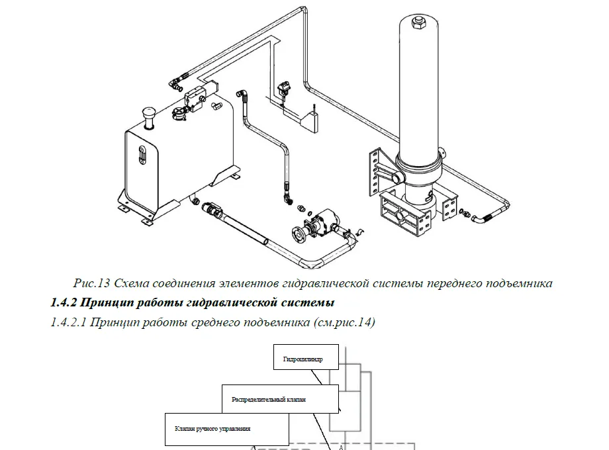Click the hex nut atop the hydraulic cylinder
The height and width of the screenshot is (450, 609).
418,24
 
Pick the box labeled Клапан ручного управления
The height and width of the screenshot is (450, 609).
226,429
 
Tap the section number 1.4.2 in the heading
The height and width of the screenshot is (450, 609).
65,304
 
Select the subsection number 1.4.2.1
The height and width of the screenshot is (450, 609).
68,323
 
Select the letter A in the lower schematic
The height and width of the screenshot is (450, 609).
340,447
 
